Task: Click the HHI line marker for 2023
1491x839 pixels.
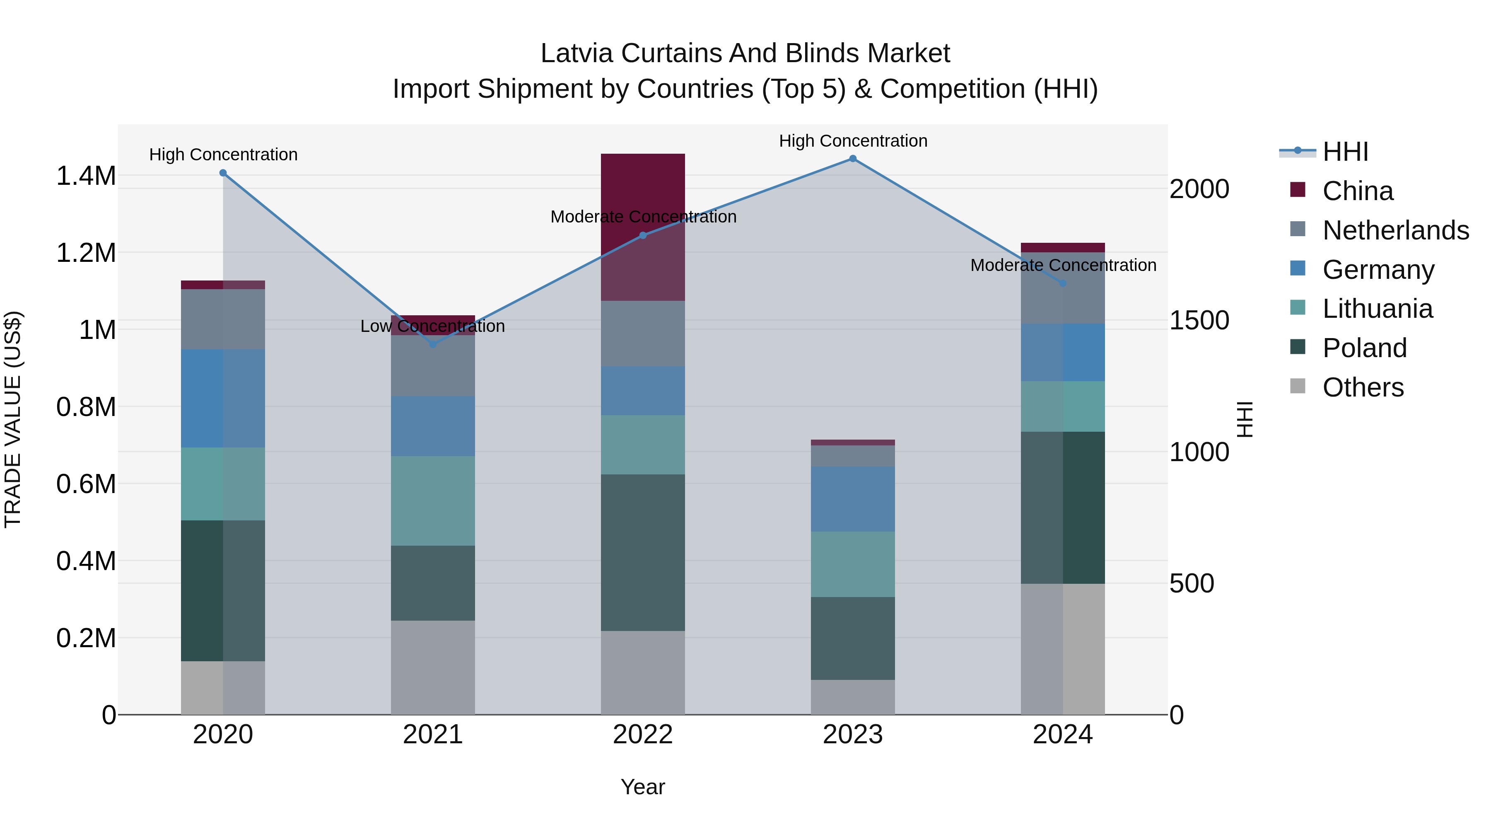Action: pyautogui.click(x=853, y=159)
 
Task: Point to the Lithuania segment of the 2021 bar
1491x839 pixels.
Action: pyautogui.click(x=433, y=501)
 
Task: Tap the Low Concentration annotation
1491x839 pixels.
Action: pyautogui.click(x=433, y=326)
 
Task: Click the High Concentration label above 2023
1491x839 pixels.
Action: pyautogui.click(x=853, y=141)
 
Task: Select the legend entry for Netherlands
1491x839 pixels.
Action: pyautogui.click(x=1395, y=230)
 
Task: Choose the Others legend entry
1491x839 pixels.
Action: pyautogui.click(x=1363, y=387)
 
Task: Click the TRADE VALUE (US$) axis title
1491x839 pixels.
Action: pyautogui.click(x=13, y=419)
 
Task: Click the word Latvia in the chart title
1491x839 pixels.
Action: pyautogui.click(x=577, y=53)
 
